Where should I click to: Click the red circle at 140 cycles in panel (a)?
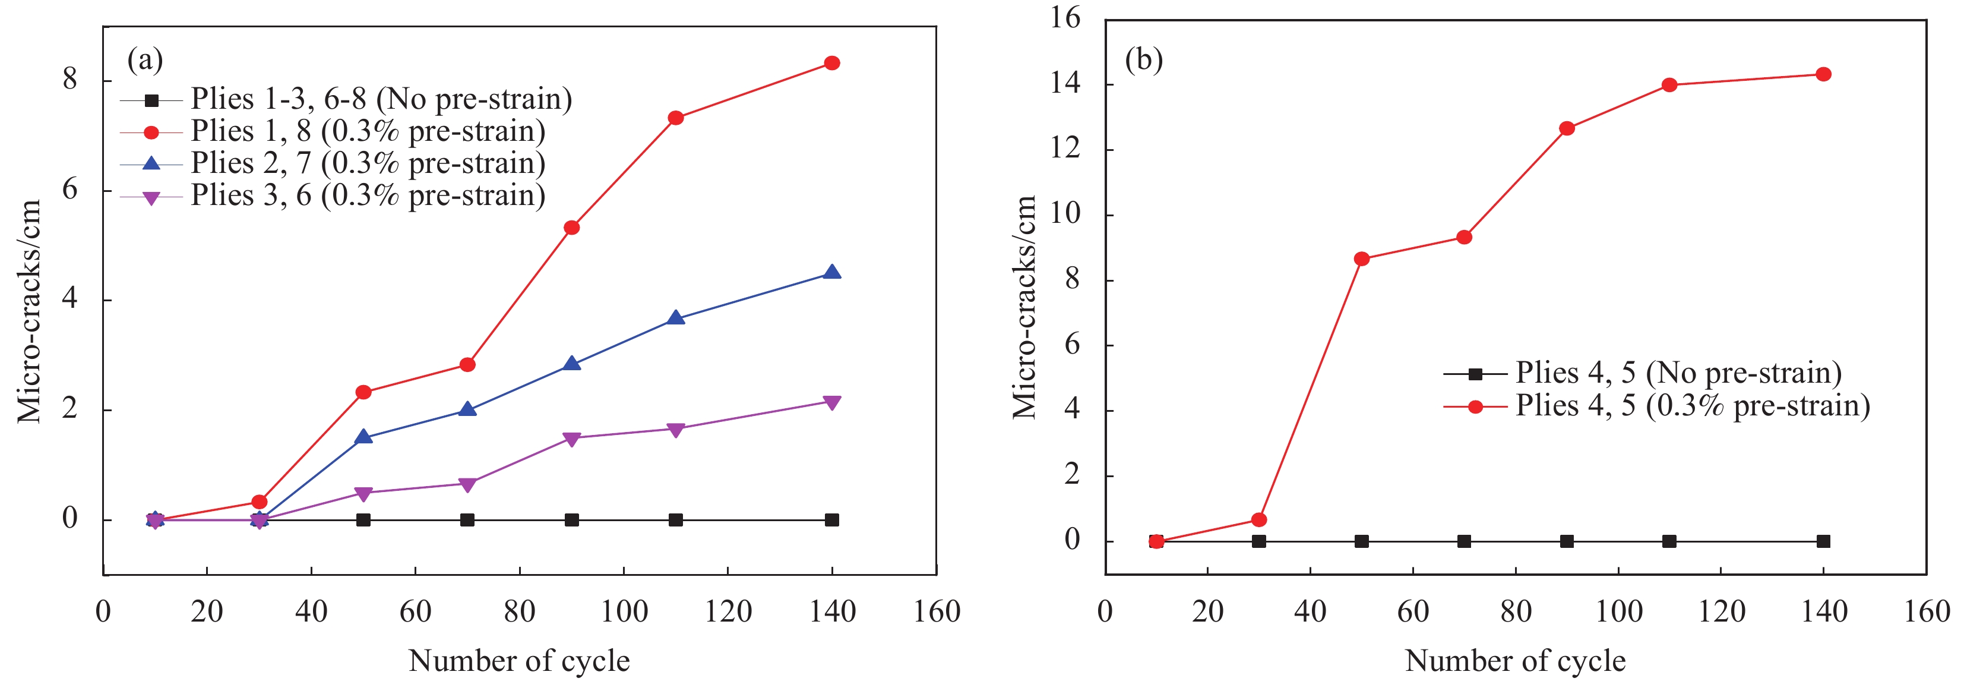832,64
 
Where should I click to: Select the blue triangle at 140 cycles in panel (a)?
832,273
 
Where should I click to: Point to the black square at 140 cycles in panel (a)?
832,520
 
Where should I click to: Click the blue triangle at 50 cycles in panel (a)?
363,437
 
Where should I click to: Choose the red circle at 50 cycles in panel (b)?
1362,259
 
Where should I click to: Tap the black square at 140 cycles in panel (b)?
1824,541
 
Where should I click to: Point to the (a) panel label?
145,59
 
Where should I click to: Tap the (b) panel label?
1144,59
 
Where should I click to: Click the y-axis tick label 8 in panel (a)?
70,79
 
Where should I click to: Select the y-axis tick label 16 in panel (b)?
1065,18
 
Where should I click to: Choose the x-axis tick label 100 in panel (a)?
624,611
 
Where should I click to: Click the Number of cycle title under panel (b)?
1515,660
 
